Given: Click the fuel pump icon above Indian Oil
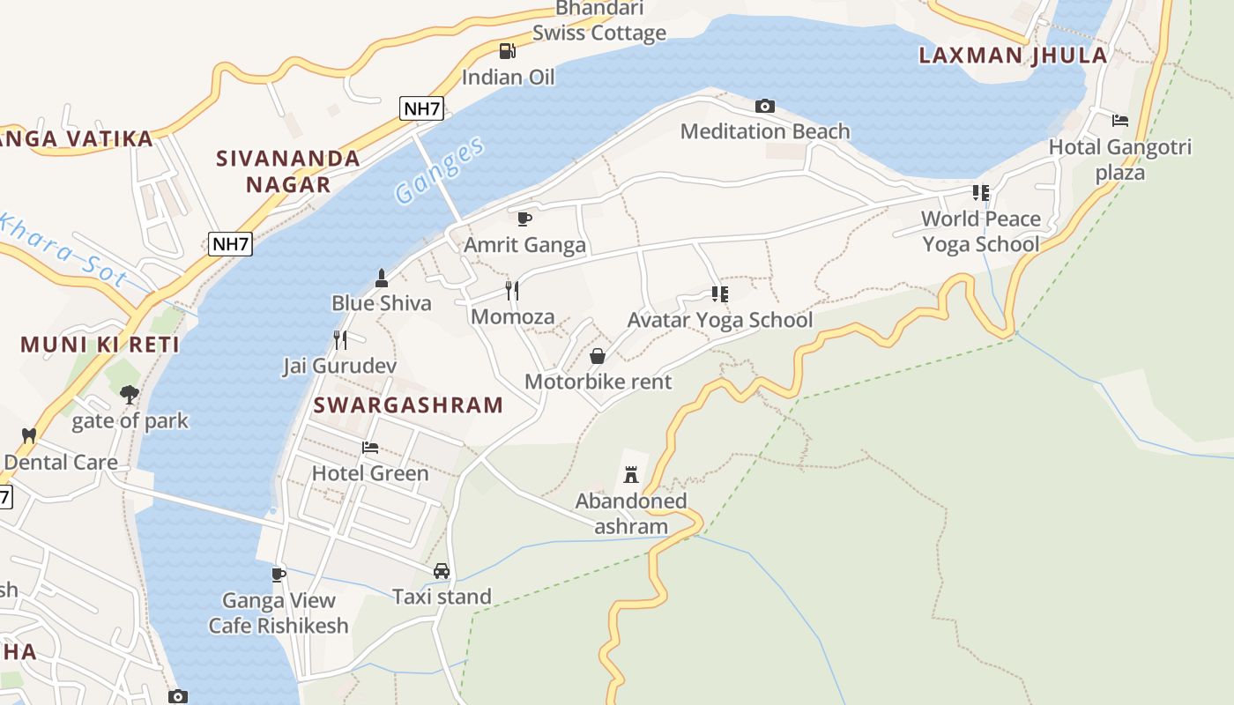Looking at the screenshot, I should pyautogui.click(x=507, y=51).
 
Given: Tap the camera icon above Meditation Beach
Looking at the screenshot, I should pyautogui.click(x=765, y=106).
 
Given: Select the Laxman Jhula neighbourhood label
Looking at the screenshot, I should pyautogui.click(x=1013, y=56).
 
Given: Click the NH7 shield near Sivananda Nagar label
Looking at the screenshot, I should pyautogui.click(x=230, y=244).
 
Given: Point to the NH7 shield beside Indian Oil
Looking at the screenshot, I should pyautogui.click(x=421, y=108).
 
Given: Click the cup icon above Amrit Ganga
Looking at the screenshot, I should pyautogui.click(x=524, y=219).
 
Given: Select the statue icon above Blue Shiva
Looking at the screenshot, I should pyautogui.click(x=381, y=278).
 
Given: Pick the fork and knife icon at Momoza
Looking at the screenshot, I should pyautogui.click(x=512, y=291).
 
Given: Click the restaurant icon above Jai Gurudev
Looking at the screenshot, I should pyautogui.click(x=339, y=340).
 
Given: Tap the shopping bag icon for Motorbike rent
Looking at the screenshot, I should pyautogui.click(x=597, y=356).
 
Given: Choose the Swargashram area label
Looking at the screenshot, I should pyautogui.click(x=408, y=405).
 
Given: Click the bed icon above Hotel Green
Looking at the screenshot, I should pyautogui.click(x=370, y=448).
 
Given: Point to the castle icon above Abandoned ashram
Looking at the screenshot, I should pyautogui.click(x=630, y=476).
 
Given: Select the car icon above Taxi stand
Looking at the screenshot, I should pyautogui.click(x=442, y=571).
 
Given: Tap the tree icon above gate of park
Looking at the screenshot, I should pyautogui.click(x=130, y=394).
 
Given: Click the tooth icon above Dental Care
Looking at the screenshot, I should pyautogui.click(x=28, y=435).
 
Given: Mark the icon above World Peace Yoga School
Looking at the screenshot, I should pyautogui.click(x=981, y=192).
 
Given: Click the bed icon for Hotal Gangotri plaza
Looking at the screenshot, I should pyautogui.click(x=1119, y=121).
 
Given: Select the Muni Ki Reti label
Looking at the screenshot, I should pyautogui.click(x=100, y=345).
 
